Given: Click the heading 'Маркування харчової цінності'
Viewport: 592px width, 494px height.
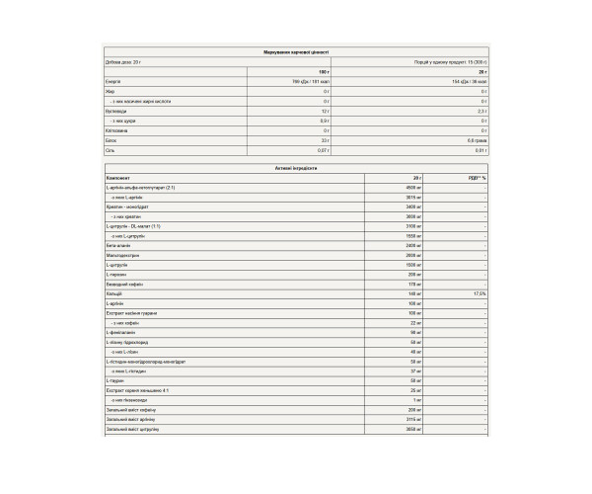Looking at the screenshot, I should pyautogui.click(x=296, y=50).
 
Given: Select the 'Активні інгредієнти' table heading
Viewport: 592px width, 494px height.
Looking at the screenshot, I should pyautogui.click(x=296, y=168).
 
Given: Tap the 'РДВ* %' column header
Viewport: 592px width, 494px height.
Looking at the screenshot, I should pyautogui.click(x=478, y=178).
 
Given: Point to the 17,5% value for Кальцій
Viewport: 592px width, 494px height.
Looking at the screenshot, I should pyautogui.click(x=480, y=293).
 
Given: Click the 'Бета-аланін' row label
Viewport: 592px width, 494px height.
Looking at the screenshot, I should pyautogui.click(x=117, y=244).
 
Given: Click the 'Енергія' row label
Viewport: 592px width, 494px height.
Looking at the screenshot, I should pyautogui.click(x=113, y=81).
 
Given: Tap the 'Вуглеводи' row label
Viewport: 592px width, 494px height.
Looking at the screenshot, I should pyautogui.click(x=115, y=111).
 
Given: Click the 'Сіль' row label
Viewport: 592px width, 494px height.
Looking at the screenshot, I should pyautogui.click(x=111, y=150).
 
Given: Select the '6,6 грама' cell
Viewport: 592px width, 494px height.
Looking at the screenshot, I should pyautogui.click(x=477, y=140).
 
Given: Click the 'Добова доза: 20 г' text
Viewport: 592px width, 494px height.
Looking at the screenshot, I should pyautogui.click(x=124, y=61).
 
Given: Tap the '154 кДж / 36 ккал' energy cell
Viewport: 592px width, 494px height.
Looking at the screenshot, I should pyautogui.click(x=470, y=81).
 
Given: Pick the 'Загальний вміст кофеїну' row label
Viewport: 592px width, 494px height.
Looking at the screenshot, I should pyautogui.click(x=130, y=408).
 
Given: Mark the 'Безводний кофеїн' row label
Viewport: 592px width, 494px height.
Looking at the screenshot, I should pyautogui.click(x=123, y=284).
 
